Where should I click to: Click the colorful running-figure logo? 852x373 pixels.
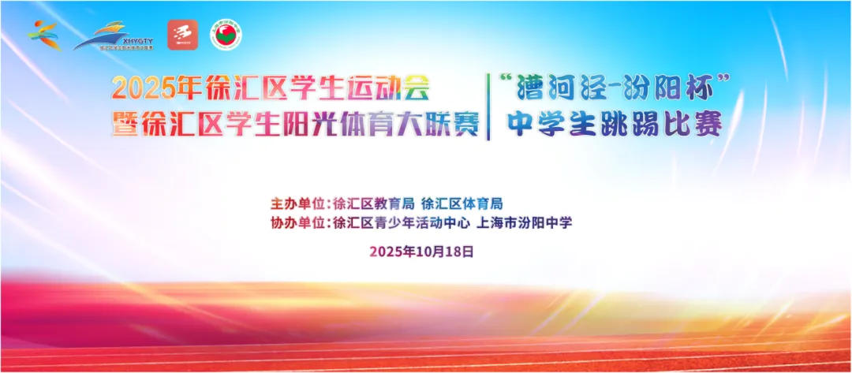[x=44, y=35]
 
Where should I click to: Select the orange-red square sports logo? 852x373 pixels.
[x=182, y=35]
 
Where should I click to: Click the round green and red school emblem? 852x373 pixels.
[x=226, y=35]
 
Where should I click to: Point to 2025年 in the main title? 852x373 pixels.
[x=146, y=89]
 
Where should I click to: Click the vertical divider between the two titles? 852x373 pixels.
[x=488, y=106]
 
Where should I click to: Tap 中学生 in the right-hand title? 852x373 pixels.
[x=545, y=124]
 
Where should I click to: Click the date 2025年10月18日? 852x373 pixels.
[x=422, y=252]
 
